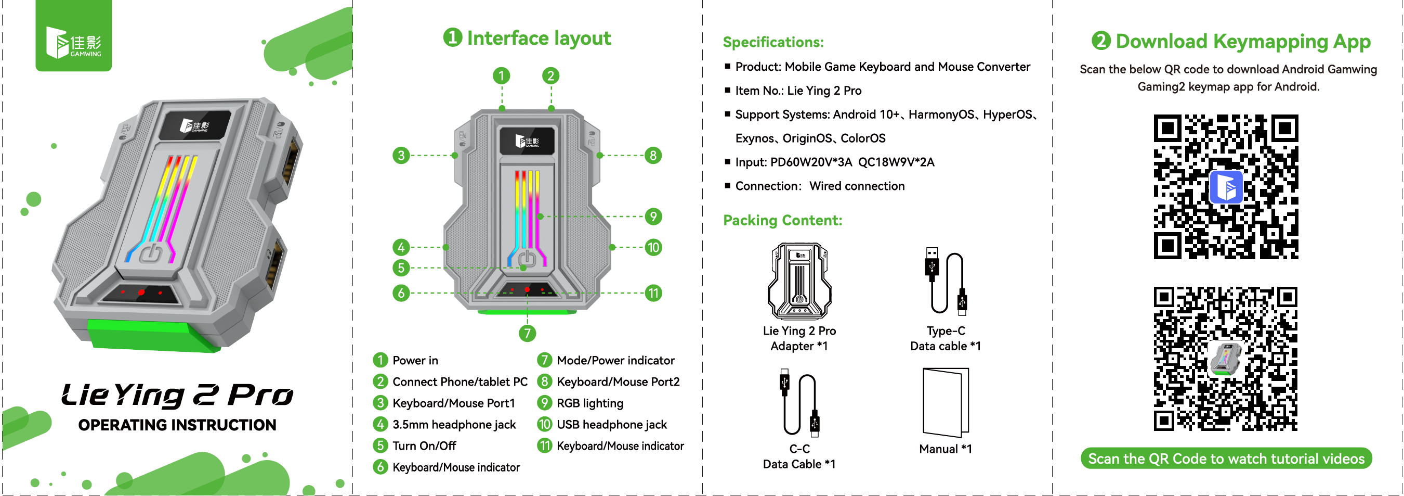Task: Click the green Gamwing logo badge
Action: coord(74,36)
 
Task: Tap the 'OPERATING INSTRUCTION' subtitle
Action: coord(177,425)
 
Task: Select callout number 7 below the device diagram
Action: coord(527,334)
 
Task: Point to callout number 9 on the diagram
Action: coord(653,217)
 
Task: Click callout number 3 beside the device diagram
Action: coord(401,156)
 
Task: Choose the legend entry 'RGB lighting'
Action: coord(590,403)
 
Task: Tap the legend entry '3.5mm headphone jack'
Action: coord(453,425)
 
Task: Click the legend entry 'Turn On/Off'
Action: coord(424,446)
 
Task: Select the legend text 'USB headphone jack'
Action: coord(611,425)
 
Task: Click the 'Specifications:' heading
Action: coord(773,43)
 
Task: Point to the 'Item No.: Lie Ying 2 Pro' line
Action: coord(798,91)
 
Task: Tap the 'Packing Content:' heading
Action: coord(782,221)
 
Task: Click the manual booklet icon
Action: coord(946,403)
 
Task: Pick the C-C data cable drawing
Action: coord(799,404)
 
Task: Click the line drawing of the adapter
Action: coord(799,282)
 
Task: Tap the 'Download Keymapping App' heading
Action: coord(1243,42)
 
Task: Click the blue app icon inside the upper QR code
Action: coord(1226,187)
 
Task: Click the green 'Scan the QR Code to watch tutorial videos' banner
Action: coord(1226,459)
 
